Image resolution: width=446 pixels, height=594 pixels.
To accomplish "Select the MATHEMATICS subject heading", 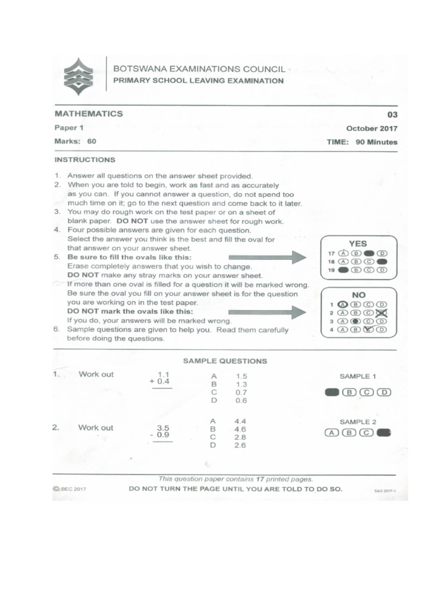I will pyautogui.click(x=88, y=114).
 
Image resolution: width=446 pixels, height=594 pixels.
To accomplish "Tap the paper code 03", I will pyautogui.click(x=392, y=115).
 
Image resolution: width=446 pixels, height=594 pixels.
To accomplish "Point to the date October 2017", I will pyautogui.click(x=372, y=129).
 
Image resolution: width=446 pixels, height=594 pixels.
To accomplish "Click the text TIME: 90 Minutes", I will pyautogui.click(x=362, y=142).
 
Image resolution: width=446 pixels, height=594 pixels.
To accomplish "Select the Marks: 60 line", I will pyautogui.click(x=75, y=141).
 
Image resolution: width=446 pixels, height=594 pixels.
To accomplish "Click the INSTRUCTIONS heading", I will pyautogui.click(x=85, y=160).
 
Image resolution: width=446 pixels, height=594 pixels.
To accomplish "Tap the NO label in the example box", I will pyautogui.click(x=358, y=295).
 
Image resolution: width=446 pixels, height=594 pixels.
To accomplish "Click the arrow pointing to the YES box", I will pyautogui.click(x=267, y=257).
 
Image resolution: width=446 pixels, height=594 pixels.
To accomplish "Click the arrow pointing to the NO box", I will pyautogui.click(x=267, y=312).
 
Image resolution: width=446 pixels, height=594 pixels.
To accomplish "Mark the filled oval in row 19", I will pyautogui.click(x=343, y=270).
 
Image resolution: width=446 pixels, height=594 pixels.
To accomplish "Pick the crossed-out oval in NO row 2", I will pyautogui.click(x=382, y=313).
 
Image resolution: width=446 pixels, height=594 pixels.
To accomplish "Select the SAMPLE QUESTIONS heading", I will pyautogui.click(x=225, y=361).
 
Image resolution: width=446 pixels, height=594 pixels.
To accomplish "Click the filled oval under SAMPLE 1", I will pyautogui.click(x=332, y=392).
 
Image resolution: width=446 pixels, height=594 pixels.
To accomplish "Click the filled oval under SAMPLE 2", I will pyautogui.click(x=384, y=432).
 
